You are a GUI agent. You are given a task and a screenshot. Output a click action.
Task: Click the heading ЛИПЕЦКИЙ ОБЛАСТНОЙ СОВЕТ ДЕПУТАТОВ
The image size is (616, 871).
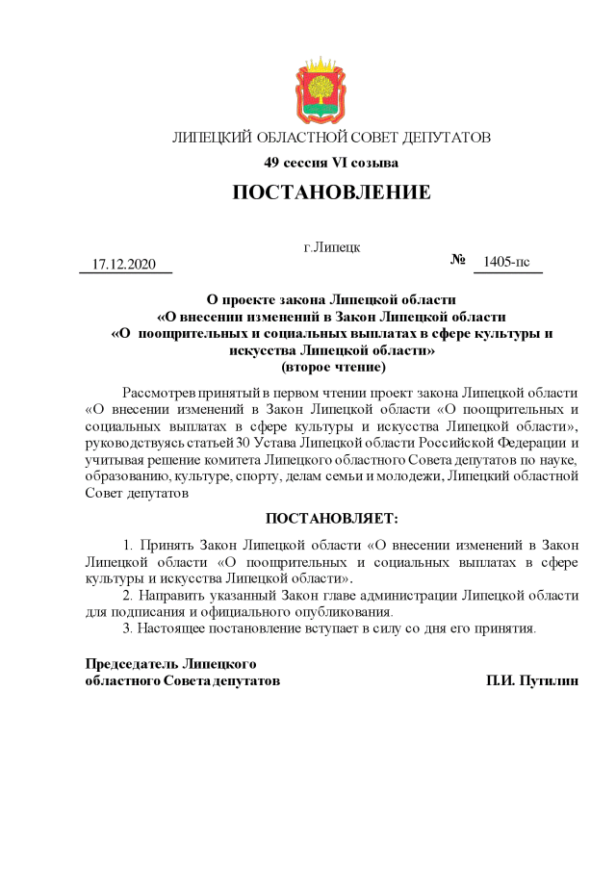[331, 138]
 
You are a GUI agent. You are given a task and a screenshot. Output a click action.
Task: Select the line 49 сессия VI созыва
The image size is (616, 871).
[331, 163]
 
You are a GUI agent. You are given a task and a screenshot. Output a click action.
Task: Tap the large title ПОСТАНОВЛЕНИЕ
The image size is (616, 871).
[331, 192]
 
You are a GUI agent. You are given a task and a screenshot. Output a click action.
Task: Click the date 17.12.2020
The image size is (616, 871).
[123, 264]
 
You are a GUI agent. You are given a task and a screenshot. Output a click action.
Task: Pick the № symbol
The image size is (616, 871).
[458, 261]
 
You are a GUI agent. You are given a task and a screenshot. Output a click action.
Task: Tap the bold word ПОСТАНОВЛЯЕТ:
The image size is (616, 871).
[331, 519]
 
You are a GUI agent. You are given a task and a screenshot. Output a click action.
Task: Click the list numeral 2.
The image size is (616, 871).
[127, 595]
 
